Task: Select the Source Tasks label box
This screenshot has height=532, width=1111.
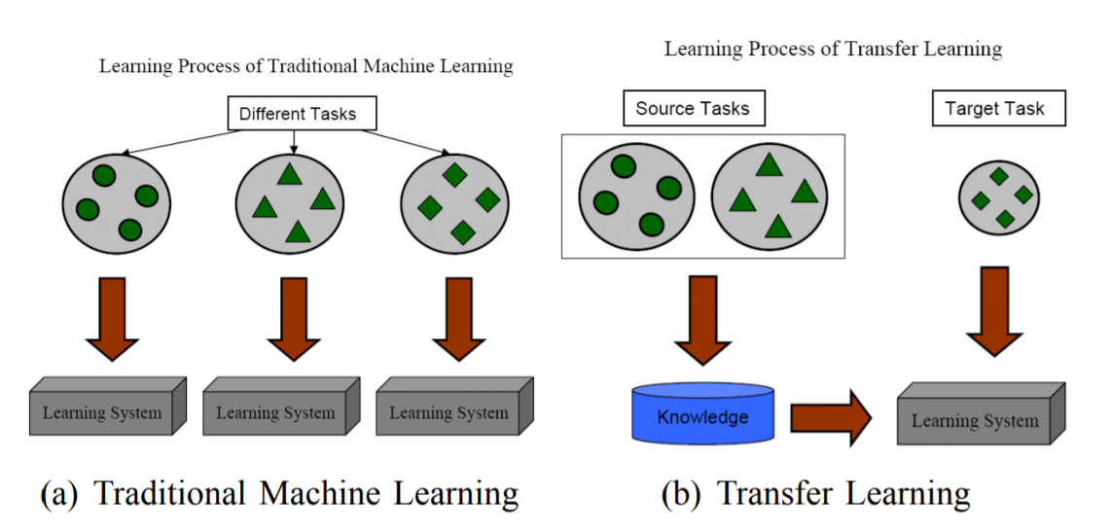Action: point(694,109)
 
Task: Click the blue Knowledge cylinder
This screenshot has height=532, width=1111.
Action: point(702,414)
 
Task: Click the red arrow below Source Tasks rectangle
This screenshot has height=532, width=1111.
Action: point(702,320)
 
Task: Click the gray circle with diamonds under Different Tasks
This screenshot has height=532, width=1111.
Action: point(455,202)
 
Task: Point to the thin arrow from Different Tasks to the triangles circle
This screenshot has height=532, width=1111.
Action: point(294,142)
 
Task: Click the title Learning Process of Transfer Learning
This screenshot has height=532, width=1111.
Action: point(833,49)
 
